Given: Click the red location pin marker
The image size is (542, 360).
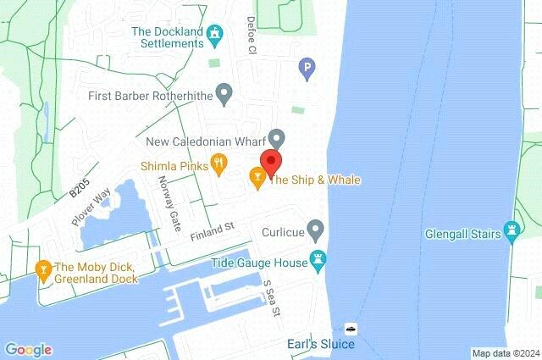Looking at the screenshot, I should (x=271, y=162).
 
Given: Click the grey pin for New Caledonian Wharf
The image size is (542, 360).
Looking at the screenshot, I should (x=277, y=137).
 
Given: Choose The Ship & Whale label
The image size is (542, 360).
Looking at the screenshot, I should (x=314, y=180).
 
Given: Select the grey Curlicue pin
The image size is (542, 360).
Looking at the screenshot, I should (x=315, y=229).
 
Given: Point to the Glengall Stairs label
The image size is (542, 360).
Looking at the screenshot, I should (x=462, y=235).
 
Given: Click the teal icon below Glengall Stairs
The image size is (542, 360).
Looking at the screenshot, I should (x=511, y=230).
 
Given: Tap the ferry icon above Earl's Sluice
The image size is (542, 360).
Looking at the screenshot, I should (x=350, y=328).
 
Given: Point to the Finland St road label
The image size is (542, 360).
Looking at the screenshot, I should (x=212, y=230).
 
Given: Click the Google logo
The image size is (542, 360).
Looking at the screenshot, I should (x=28, y=349).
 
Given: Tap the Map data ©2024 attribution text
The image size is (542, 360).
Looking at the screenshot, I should (x=505, y=353).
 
